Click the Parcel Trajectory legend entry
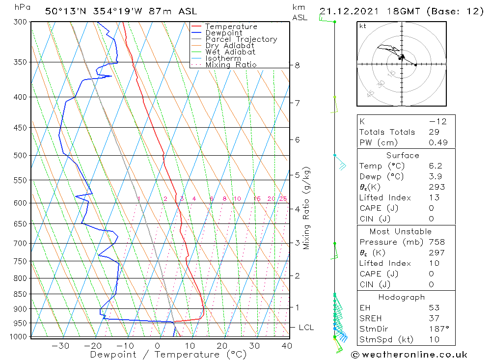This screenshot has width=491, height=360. click(241, 39)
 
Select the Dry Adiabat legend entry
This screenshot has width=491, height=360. click(230, 46)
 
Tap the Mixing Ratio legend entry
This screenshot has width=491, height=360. click(231, 64)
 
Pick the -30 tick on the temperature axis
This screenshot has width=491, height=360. click(60, 346)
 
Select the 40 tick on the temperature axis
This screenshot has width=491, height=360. click(287, 346)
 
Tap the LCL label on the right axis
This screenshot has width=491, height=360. click(306, 328)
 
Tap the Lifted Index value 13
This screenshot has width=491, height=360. click(434, 197)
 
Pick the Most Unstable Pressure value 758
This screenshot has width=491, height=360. click(436, 242)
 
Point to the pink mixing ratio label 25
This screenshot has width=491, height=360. click(283, 199)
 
